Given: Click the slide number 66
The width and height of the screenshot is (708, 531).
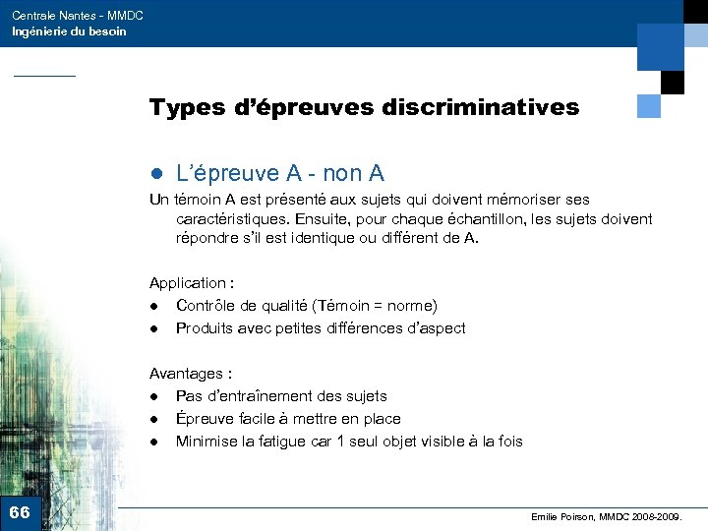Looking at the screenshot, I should pyautogui.click(x=20, y=512).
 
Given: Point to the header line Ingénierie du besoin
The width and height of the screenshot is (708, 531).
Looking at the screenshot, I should pyautogui.click(x=69, y=31).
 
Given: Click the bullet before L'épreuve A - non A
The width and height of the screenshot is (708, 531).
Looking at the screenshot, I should pyautogui.click(x=154, y=175).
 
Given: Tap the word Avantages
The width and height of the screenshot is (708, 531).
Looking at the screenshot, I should pyautogui.click(x=186, y=374).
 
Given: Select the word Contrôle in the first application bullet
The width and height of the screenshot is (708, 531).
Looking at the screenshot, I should pyautogui.click(x=206, y=306).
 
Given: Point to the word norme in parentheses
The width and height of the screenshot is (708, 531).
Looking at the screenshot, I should pyautogui.click(x=411, y=306).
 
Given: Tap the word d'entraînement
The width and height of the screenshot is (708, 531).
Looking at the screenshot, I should pyautogui.click(x=259, y=396).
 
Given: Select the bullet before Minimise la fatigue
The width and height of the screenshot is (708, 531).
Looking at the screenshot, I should pyautogui.click(x=154, y=442).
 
